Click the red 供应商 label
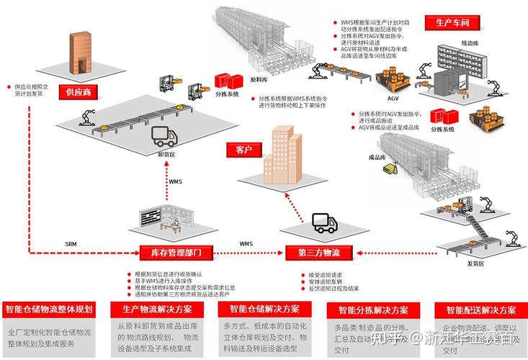79,92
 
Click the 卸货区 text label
167,153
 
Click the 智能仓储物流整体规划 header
49,310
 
